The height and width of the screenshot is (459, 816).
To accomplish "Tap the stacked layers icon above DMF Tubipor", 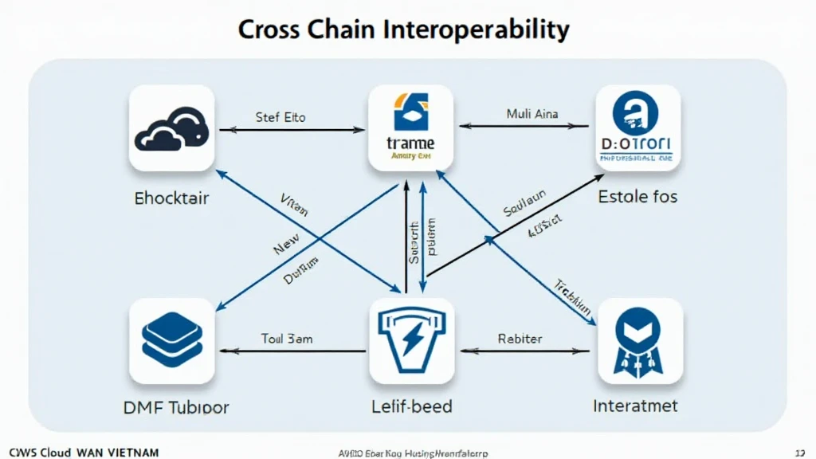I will [x=171, y=340].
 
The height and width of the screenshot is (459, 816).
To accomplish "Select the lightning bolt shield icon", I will [x=411, y=340].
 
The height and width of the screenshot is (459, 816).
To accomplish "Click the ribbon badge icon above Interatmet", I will [x=640, y=340].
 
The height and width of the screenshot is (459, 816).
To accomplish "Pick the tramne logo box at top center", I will [x=411, y=127].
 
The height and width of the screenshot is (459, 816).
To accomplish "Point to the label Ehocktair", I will [x=171, y=197].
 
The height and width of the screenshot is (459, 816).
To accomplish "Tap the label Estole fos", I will [x=637, y=195].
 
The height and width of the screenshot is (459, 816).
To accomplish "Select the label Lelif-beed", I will [x=411, y=406].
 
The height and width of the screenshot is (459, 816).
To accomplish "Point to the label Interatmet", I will [x=635, y=406].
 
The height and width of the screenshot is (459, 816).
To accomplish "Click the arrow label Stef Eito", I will [x=280, y=117].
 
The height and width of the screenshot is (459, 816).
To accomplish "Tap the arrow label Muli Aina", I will [x=532, y=114].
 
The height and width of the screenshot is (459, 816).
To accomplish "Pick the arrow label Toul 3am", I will [x=287, y=339].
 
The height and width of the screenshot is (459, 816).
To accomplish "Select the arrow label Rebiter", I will [x=520, y=339].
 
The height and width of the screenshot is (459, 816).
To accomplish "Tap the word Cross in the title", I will [x=270, y=29].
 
